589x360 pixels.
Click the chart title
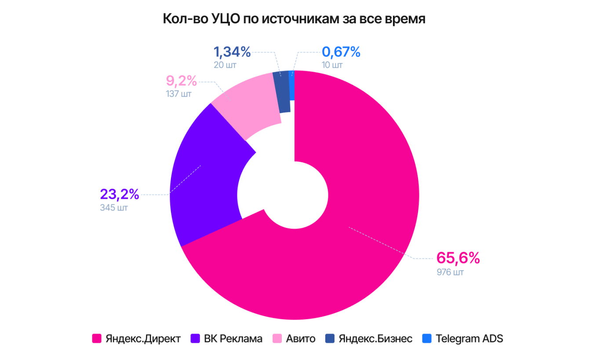[294, 19]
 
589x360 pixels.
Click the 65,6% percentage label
[458, 258]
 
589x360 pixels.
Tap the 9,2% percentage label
[181, 81]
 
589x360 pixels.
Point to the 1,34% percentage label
[232, 52]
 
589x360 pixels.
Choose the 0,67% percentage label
[341, 52]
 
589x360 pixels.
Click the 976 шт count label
[450, 273]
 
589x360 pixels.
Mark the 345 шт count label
[114, 207]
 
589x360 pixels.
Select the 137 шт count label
[178, 94]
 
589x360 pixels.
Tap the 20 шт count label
[225, 65]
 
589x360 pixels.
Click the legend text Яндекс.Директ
[143, 338]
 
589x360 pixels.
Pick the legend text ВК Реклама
[233, 338]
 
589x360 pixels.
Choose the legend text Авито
[301, 338]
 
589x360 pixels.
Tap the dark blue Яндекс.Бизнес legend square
[330, 338]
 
